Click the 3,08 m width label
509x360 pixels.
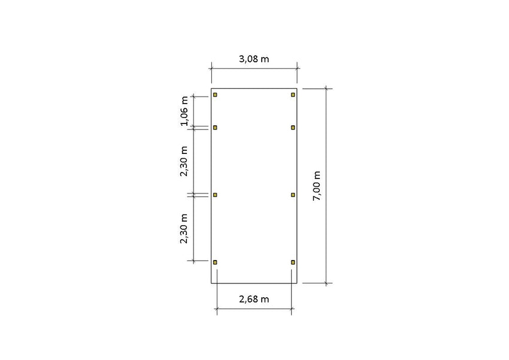pyautogui.click(x=254, y=59)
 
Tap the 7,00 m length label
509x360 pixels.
pyautogui.click(x=317, y=186)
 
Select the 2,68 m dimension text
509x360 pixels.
pyautogui.click(x=254, y=299)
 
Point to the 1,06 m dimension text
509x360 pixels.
pyautogui.click(x=184, y=111)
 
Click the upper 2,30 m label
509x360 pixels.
pyautogui.click(x=184, y=161)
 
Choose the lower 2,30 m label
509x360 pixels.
pyautogui.click(x=184, y=229)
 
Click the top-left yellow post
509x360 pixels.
pyautogui.click(x=215, y=95)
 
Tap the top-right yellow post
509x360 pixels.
pyautogui.click(x=293, y=95)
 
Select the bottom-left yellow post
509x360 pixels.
pyautogui.click(x=215, y=262)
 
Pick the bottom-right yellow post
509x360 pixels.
pyautogui.click(x=293, y=262)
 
